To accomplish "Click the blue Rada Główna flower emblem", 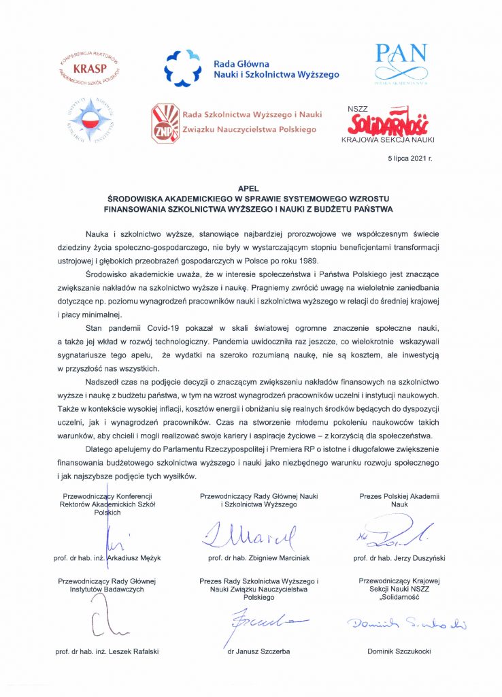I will tap(184, 68).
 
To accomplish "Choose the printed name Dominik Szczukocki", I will tap(399, 651).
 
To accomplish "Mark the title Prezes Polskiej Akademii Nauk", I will tap(399, 501).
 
